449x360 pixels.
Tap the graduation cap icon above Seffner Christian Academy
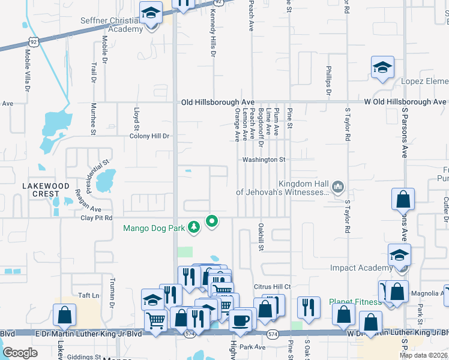[x=151, y=12]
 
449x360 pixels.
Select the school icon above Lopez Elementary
[x=382, y=68]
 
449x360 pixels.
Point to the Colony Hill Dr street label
[x=149, y=136]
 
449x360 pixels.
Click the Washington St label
[x=264, y=160]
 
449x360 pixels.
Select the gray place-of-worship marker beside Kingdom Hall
[x=339, y=188]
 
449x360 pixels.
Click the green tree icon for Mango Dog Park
[x=193, y=227]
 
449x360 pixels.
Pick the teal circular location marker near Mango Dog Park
[x=211, y=222]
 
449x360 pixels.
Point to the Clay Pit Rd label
[x=97, y=218]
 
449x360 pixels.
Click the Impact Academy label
[x=359, y=268]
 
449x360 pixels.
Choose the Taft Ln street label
[x=88, y=295]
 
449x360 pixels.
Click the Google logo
[x=20, y=353]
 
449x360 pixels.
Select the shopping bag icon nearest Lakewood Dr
[x=64, y=315]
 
